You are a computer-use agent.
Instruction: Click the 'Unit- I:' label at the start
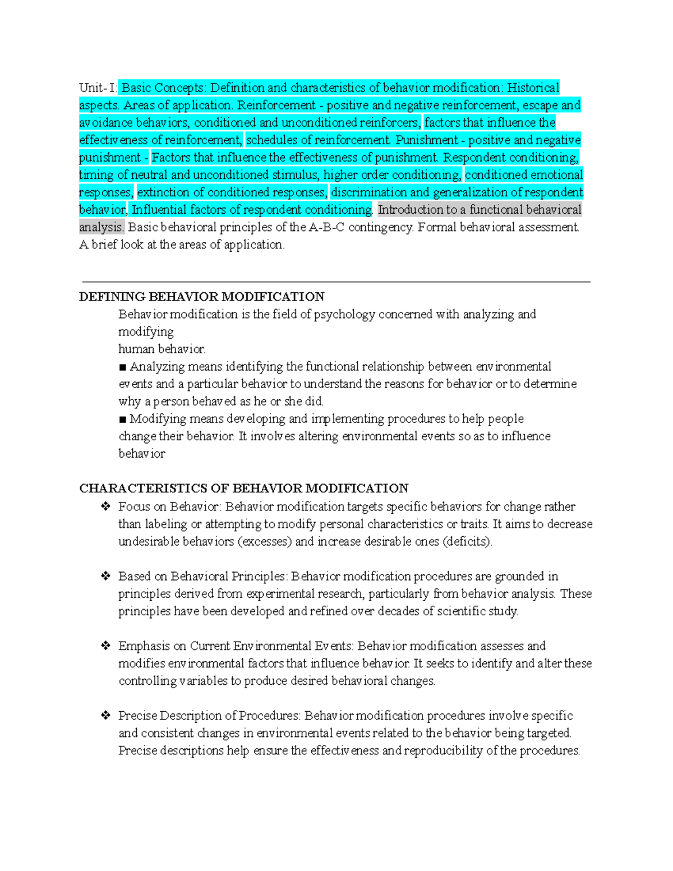click(x=98, y=88)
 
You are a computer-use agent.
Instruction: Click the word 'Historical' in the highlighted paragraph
click(x=533, y=88)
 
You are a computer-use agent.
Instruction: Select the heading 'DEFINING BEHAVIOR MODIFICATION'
click(x=201, y=297)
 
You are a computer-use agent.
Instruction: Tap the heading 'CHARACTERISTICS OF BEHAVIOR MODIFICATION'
click(x=243, y=489)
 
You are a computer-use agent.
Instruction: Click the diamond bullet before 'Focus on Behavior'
click(x=105, y=506)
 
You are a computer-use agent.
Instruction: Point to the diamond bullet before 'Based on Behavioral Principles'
click(x=105, y=576)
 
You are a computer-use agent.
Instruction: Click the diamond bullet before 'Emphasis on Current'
click(x=105, y=646)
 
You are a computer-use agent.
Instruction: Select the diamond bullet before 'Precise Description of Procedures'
click(x=105, y=715)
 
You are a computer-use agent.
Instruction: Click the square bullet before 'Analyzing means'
click(x=123, y=367)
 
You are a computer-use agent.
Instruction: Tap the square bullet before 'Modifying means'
click(x=123, y=420)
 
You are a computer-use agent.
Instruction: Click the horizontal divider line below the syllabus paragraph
click(x=336, y=282)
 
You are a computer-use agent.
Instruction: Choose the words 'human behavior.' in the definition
click(x=162, y=349)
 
